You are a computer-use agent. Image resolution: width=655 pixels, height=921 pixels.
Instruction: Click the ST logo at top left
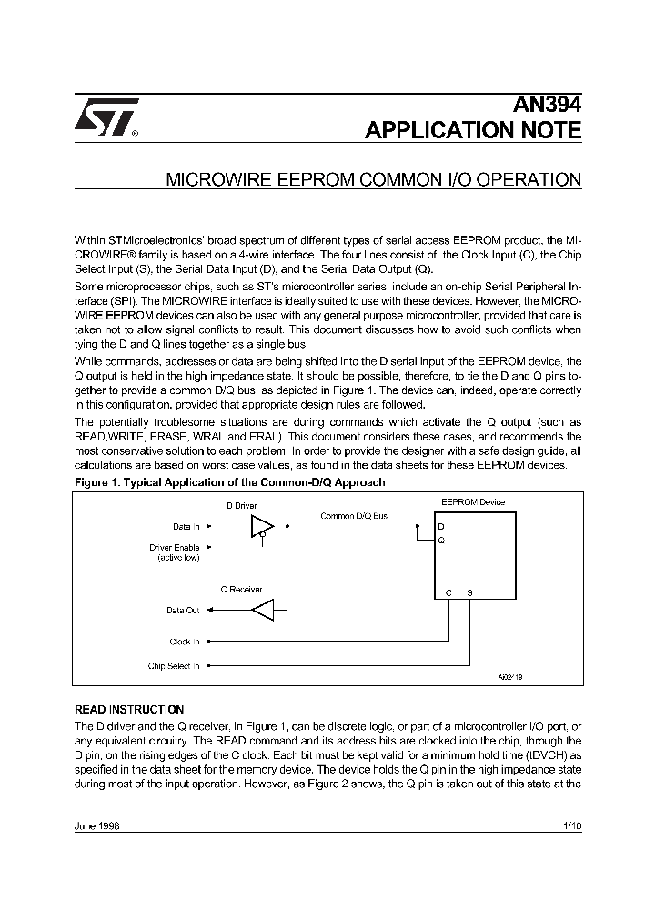tap(106, 117)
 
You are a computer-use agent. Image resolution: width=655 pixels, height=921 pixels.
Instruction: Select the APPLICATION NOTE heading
tap(472, 130)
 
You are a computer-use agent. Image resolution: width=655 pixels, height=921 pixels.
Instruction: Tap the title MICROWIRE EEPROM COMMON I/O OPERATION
tap(373, 180)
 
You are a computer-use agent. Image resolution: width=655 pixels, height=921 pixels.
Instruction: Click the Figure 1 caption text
tap(229, 481)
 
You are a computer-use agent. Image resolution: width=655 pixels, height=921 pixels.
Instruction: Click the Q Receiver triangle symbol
tap(262, 610)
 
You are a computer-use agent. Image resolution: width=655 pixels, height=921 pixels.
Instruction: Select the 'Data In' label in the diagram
tap(186, 526)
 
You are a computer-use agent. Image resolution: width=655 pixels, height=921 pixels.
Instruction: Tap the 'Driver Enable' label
tap(174, 547)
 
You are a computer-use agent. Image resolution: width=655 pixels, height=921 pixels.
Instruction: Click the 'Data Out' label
tap(182, 611)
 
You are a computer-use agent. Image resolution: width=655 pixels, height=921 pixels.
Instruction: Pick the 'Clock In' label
tap(184, 642)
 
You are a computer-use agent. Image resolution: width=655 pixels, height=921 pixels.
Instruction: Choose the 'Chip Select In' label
tap(173, 666)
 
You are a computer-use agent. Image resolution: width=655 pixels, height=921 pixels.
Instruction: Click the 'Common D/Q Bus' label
tap(354, 516)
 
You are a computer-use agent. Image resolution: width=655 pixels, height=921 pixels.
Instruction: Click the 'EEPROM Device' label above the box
tap(473, 502)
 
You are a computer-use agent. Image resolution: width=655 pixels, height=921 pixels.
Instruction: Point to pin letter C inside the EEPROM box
tap(448, 592)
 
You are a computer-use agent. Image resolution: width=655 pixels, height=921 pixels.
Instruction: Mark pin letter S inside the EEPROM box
tap(469, 592)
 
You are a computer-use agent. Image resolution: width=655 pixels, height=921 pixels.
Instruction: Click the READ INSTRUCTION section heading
tap(128, 709)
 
